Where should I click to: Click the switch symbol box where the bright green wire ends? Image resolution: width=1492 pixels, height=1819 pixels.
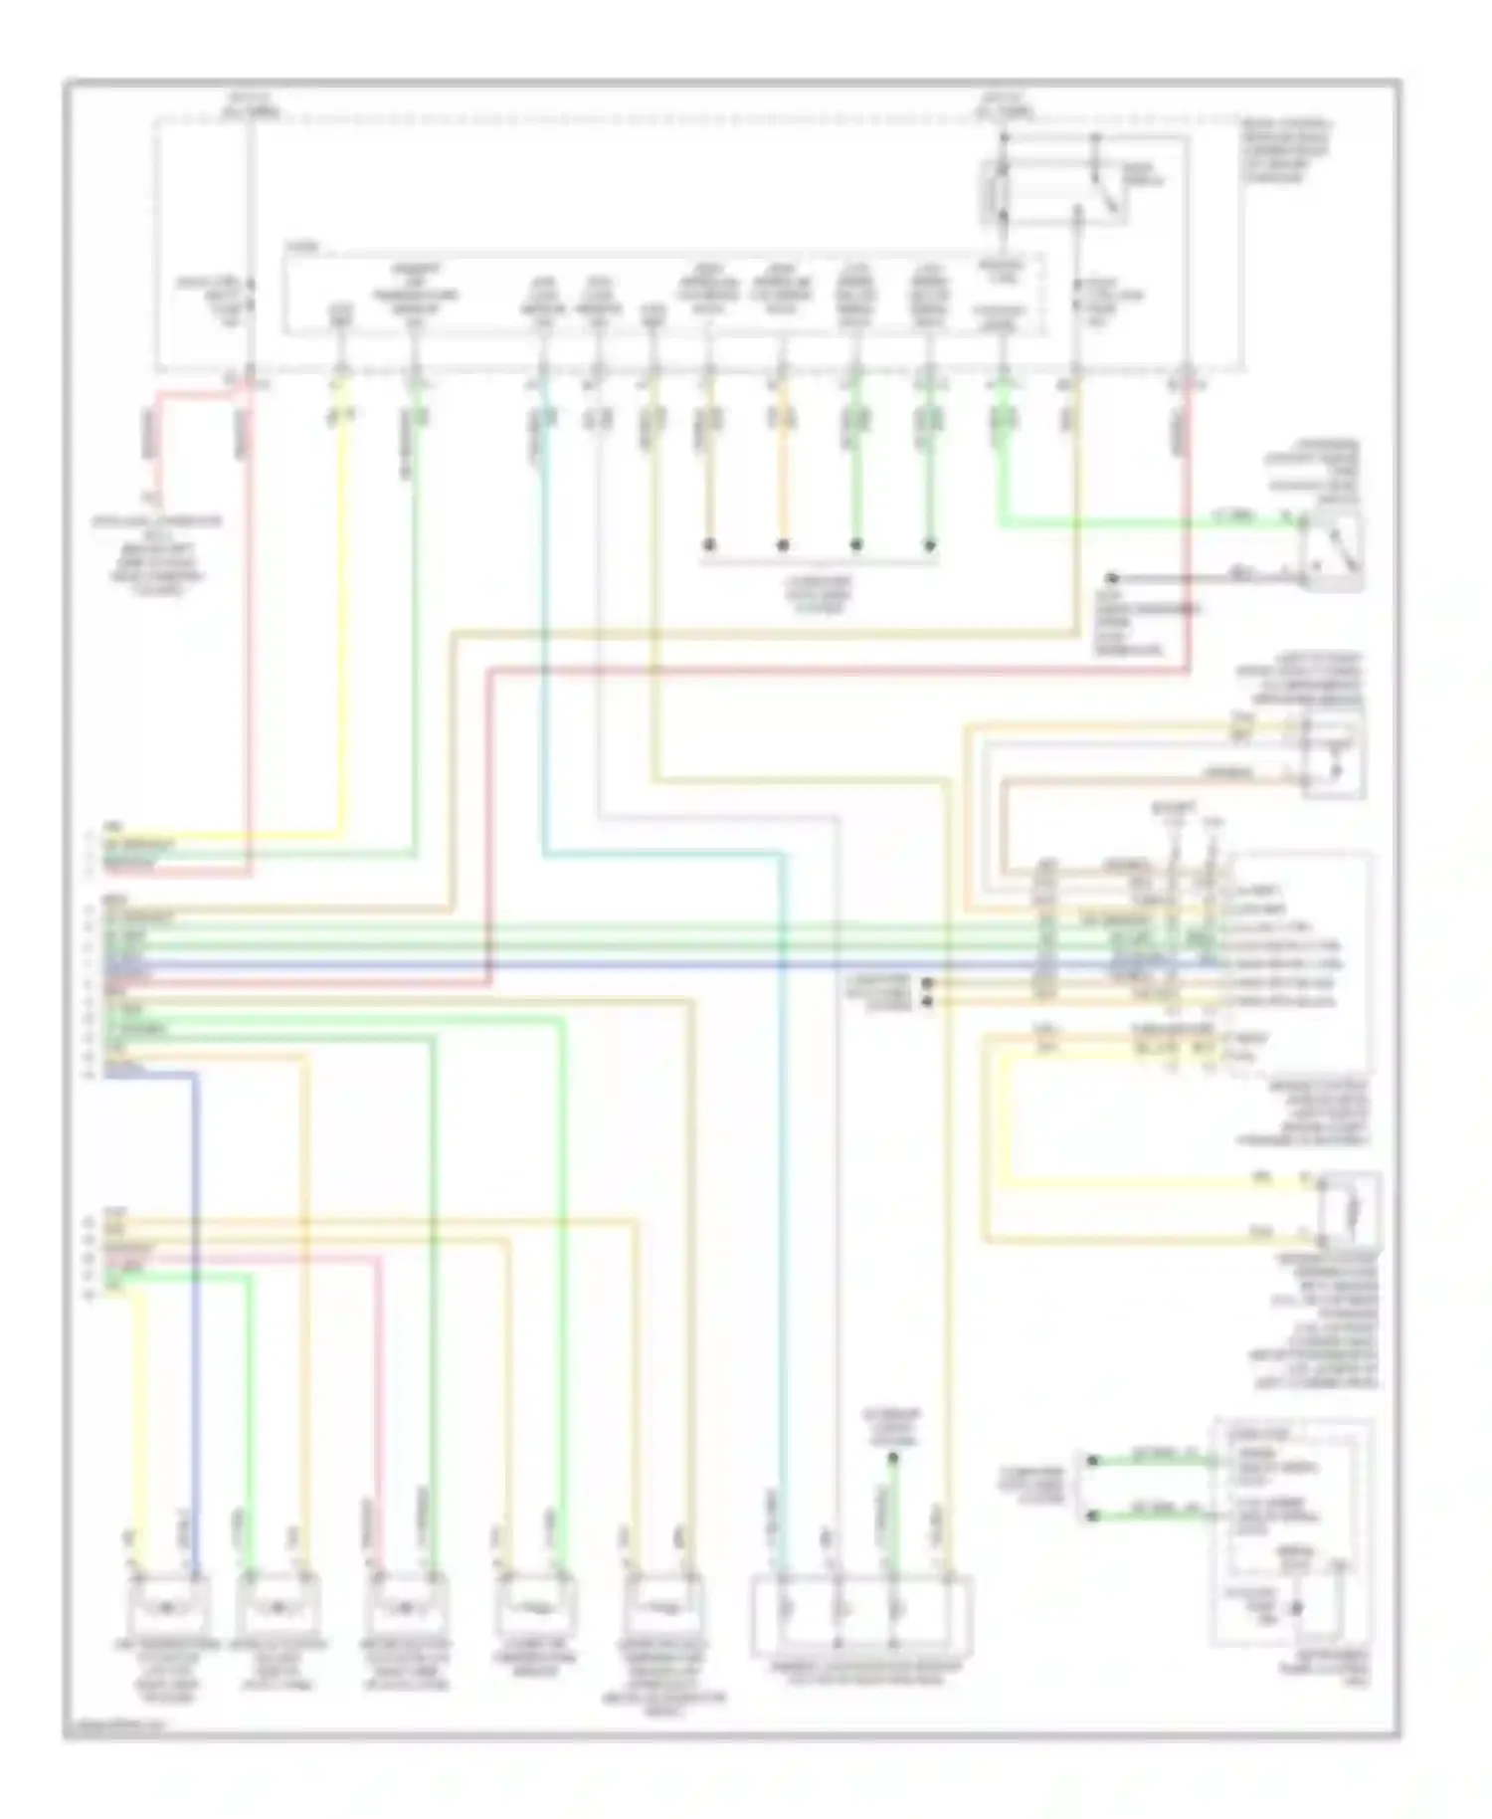coord(1334,548)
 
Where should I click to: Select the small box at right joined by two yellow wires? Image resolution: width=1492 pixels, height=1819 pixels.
coord(1349,1210)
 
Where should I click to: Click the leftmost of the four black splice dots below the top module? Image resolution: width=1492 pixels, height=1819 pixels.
coord(709,545)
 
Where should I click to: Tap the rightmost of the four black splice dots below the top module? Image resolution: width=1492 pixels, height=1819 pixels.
coord(930,545)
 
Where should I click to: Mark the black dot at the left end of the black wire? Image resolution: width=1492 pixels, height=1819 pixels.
coord(1113,578)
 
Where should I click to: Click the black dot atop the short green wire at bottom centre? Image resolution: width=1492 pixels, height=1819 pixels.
coord(892,1459)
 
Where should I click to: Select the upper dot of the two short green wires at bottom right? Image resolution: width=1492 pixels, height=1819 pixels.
coord(1092,1461)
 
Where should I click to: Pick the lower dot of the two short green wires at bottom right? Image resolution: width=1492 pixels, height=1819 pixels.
coord(1092,1516)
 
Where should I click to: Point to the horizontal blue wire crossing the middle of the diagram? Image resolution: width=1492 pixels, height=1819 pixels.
coord(597,964)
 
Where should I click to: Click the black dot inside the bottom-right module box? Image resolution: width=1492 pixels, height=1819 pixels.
coord(1296,1608)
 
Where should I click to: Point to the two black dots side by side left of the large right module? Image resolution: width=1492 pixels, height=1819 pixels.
coord(928,991)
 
